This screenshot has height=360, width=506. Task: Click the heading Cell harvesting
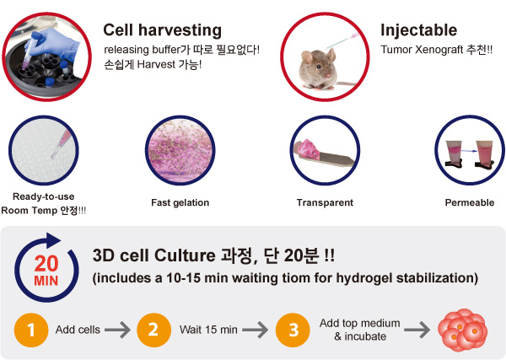click(x=162, y=30)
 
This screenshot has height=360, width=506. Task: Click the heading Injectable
click(x=418, y=30)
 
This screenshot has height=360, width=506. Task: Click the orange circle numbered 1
click(x=31, y=330)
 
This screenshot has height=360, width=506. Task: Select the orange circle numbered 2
click(x=154, y=330)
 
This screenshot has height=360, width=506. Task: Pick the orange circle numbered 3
click(x=293, y=330)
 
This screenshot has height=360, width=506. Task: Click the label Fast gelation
click(x=180, y=202)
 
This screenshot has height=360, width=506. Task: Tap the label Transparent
click(x=325, y=202)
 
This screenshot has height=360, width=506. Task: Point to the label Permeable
click(x=470, y=202)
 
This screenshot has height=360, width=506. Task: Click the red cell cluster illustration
click(x=463, y=330)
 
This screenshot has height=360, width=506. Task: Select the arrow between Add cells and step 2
click(x=117, y=330)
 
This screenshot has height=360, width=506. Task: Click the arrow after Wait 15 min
click(x=256, y=330)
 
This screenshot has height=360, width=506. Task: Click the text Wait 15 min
click(x=208, y=330)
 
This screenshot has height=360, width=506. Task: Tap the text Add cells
click(x=78, y=330)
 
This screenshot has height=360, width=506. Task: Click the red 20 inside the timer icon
click(x=46, y=264)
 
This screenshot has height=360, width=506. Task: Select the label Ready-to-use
click(x=44, y=196)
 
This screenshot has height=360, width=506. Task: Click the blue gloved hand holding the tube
click(x=55, y=46)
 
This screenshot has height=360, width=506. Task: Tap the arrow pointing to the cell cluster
click(x=417, y=330)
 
